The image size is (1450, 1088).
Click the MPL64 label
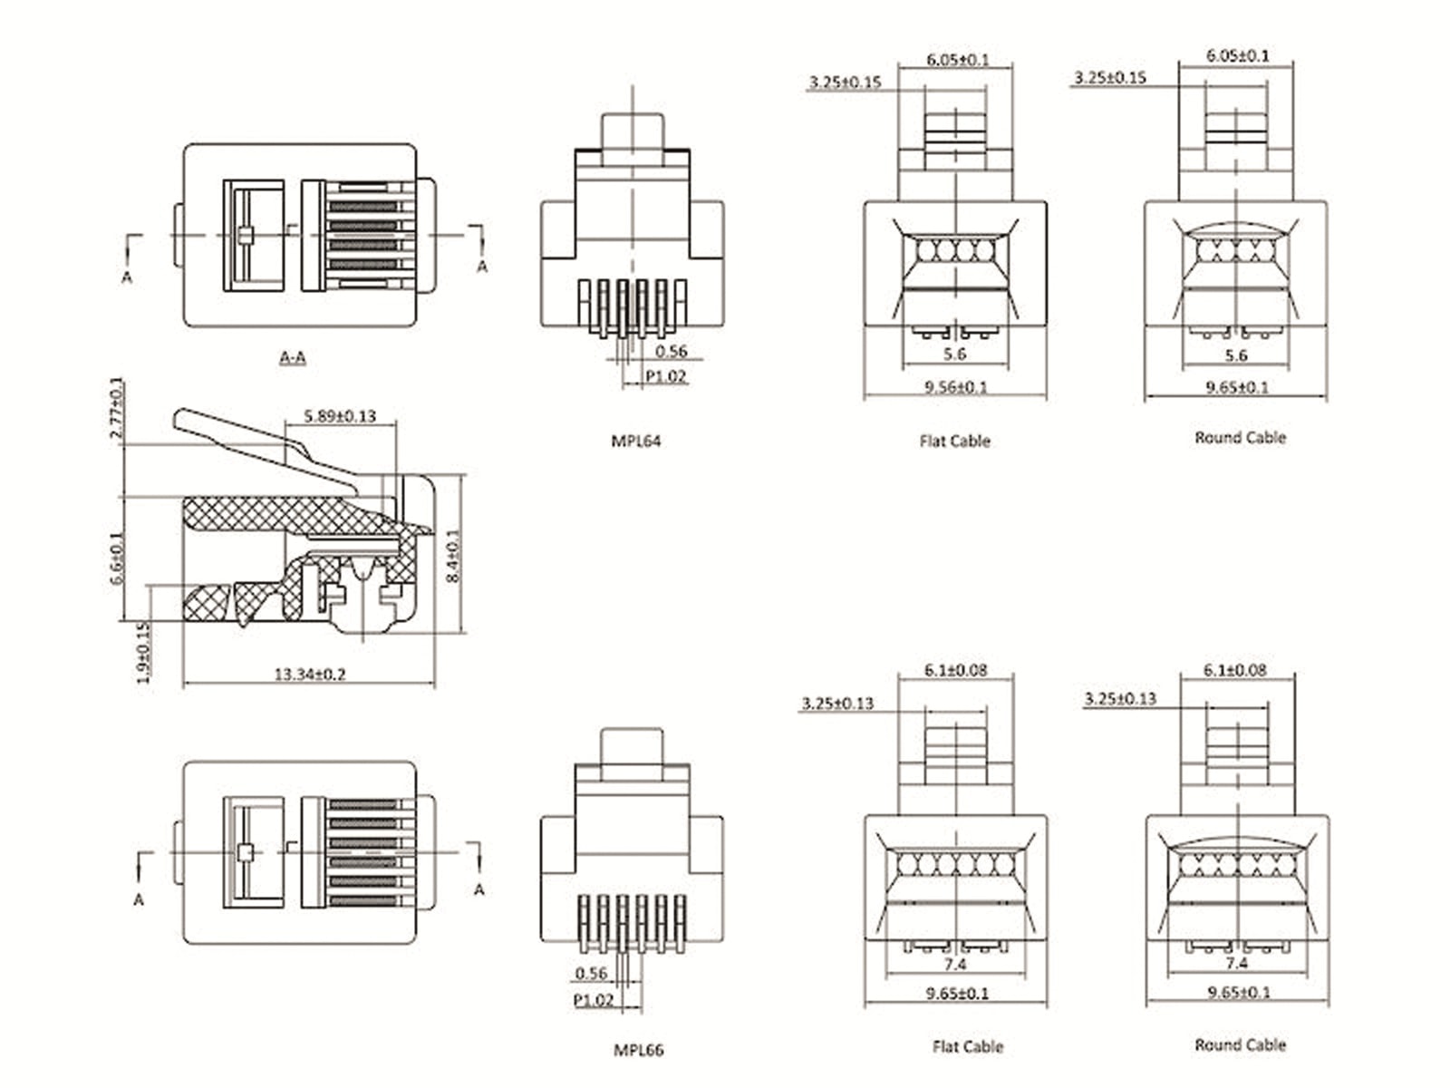[x=635, y=442]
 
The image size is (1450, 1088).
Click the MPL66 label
[x=638, y=1050]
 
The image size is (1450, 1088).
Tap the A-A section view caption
[x=292, y=357]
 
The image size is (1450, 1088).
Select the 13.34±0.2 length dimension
[x=310, y=674]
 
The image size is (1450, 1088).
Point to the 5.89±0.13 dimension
[x=340, y=416]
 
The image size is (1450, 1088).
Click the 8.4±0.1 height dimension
[x=454, y=555]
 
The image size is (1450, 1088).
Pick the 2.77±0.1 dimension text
[x=116, y=408]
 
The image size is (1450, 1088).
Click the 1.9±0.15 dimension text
[x=143, y=652]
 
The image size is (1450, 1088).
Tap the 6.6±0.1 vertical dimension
[x=116, y=559]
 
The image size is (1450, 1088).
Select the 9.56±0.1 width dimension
[x=955, y=387]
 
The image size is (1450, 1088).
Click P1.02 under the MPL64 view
[x=666, y=376]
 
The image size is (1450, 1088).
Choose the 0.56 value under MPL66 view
[x=591, y=973]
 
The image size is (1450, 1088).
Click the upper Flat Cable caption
[x=954, y=442]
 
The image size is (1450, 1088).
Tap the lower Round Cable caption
[x=1240, y=1044]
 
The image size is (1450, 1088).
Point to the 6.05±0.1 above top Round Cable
[x=1237, y=55]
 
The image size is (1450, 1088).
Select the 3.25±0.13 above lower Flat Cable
[x=838, y=703]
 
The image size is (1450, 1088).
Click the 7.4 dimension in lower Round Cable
[x=1236, y=963]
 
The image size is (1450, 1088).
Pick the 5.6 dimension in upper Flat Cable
[x=954, y=354]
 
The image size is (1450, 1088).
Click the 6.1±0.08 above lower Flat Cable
[x=955, y=670]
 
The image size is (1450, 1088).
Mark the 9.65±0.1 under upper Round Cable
[x=1237, y=387]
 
